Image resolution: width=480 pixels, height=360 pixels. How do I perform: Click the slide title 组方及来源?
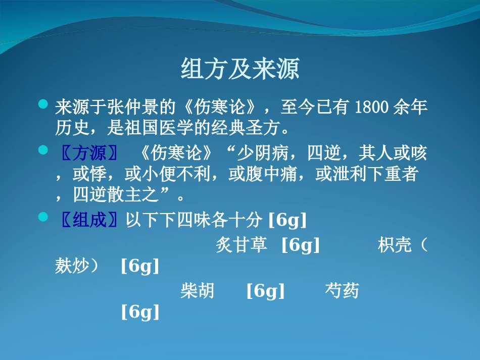coord(240,70)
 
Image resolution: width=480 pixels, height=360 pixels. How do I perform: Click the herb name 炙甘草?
coord(241,245)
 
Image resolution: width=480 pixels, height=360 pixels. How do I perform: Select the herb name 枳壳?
coord(395,245)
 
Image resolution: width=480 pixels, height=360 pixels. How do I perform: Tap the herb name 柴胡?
coord(198,291)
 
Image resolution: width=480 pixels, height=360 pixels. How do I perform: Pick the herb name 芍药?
coord(342,291)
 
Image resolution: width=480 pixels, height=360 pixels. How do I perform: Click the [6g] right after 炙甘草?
coord(301,245)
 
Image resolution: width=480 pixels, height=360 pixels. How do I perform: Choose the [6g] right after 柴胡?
coord(265,291)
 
